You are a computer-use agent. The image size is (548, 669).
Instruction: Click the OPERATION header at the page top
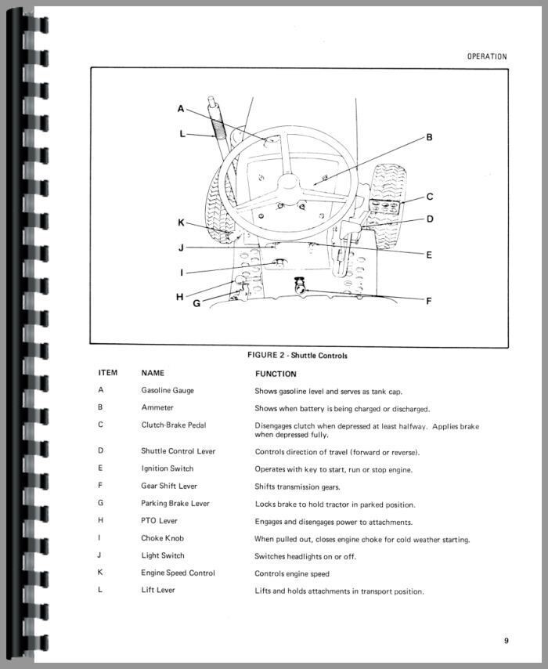(486, 56)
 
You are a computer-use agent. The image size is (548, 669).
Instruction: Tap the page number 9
(507, 641)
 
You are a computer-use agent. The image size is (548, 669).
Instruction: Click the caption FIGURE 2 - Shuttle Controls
(297, 356)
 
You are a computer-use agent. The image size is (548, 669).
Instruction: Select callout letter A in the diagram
(180, 109)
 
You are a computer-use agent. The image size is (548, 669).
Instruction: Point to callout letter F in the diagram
(428, 300)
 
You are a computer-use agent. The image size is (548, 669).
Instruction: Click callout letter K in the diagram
(180, 222)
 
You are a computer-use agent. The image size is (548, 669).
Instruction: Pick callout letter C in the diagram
(429, 197)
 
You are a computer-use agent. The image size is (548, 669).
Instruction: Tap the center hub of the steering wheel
(288, 186)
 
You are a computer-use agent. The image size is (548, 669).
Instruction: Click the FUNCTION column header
(276, 374)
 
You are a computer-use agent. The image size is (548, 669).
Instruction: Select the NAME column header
(153, 374)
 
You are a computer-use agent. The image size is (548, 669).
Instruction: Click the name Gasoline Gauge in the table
(168, 390)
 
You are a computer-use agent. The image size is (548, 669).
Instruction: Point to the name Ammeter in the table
(157, 407)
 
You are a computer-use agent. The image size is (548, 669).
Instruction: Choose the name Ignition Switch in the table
(167, 468)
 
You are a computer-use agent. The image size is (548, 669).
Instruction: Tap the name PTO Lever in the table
(159, 521)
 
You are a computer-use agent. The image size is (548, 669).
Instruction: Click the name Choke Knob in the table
(162, 538)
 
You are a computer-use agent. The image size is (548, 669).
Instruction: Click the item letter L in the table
(100, 590)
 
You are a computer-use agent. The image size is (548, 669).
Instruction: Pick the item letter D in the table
(100, 451)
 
